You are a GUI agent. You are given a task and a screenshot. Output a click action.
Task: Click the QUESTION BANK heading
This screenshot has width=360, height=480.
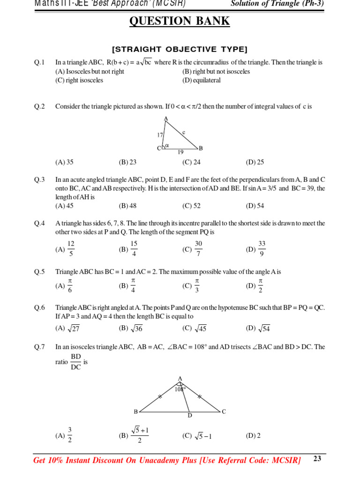point(180,21)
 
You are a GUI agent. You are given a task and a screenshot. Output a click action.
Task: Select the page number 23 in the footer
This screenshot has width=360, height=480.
point(317,459)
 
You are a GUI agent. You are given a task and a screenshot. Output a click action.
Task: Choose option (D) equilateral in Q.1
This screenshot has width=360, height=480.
point(201,80)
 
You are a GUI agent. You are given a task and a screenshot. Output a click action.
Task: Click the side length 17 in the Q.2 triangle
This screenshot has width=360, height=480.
point(160,135)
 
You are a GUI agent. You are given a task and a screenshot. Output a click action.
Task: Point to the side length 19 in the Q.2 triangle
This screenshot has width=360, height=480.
point(180,152)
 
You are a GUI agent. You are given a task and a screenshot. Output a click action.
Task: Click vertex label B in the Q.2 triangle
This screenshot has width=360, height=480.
point(201,149)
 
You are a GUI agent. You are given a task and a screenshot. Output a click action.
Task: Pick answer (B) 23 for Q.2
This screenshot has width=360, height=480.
point(127,162)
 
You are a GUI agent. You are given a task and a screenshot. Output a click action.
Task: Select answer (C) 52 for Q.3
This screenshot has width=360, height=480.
point(191,206)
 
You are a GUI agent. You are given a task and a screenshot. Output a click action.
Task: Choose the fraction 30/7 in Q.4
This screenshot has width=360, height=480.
point(198,249)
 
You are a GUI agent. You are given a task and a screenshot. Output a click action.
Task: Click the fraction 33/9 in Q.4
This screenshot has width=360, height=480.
point(262,249)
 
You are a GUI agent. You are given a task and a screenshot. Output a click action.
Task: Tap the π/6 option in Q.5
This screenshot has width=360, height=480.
point(70,285)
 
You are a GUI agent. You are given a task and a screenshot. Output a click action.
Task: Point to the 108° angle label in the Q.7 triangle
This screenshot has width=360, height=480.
point(180,389)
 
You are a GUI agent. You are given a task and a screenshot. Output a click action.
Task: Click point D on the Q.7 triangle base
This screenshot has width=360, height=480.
point(190,415)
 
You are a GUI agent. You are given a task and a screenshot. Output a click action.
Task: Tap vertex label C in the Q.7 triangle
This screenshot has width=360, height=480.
point(224,412)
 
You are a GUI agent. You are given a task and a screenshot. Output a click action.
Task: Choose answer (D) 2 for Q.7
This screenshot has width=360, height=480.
point(253,435)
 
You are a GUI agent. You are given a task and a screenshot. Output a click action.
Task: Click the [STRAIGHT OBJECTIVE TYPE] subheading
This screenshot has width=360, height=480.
point(180,49)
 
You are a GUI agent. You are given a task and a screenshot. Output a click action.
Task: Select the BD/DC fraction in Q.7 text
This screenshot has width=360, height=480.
point(75,362)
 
